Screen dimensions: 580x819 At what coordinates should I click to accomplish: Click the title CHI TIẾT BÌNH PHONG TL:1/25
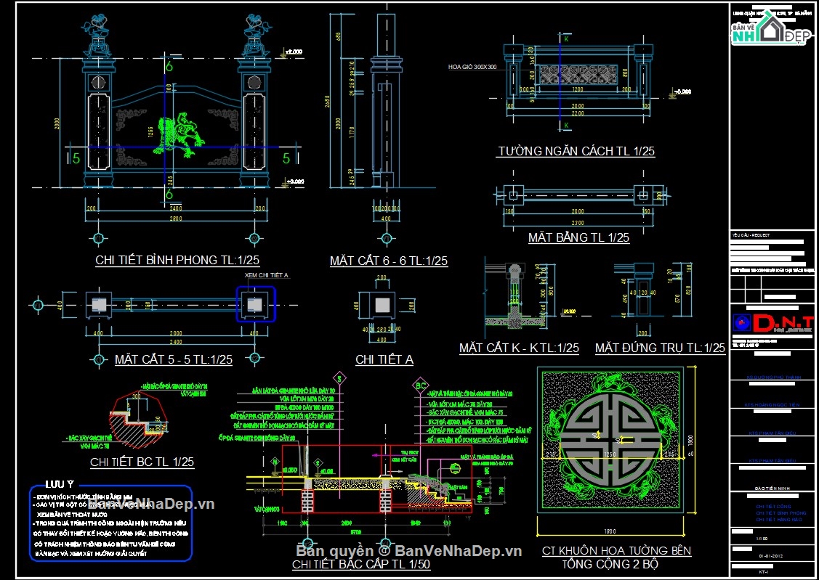click(x=177, y=260)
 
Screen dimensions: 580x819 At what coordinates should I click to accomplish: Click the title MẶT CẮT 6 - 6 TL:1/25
click(x=388, y=261)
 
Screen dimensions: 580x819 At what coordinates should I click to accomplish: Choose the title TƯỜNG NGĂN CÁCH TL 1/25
click(x=576, y=152)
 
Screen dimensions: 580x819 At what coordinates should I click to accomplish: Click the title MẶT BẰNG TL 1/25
click(x=578, y=237)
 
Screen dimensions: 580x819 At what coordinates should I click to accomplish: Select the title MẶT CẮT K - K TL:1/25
click(x=519, y=348)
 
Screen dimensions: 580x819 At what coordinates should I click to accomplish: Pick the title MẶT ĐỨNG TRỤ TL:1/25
click(x=660, y=348)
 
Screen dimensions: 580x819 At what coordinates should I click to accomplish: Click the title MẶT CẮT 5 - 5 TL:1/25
click(x=173, y=359)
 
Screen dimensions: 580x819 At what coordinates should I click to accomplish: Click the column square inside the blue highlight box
click(x=255, y=303)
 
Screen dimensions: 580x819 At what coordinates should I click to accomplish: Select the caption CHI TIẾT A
click(x=384, y=359)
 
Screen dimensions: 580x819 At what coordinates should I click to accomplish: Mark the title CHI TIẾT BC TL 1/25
click(x=142, y=462)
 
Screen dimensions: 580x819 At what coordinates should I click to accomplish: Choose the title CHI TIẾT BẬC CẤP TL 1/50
click(x=361, y=565)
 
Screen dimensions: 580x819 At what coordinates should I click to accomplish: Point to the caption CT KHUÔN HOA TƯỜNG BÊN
click(x=616, y=551)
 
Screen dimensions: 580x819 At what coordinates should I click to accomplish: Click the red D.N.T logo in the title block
click(x=772, y=322)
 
